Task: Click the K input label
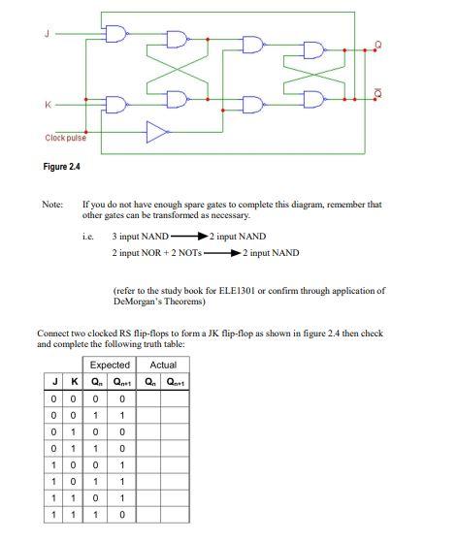[x=45, y=103]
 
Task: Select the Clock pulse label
[x=65, y=138]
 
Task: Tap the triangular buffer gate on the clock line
[x=155, y=131]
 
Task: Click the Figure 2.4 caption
[x=61, y=167]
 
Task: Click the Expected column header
[x=110, y=364]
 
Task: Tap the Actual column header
[x=163, y=364]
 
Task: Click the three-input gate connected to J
[x=115, y=33]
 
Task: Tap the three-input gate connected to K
[x=115, y=104]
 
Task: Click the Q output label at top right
[x=377, y=45]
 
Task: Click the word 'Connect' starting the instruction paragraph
[x=51, y=333]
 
